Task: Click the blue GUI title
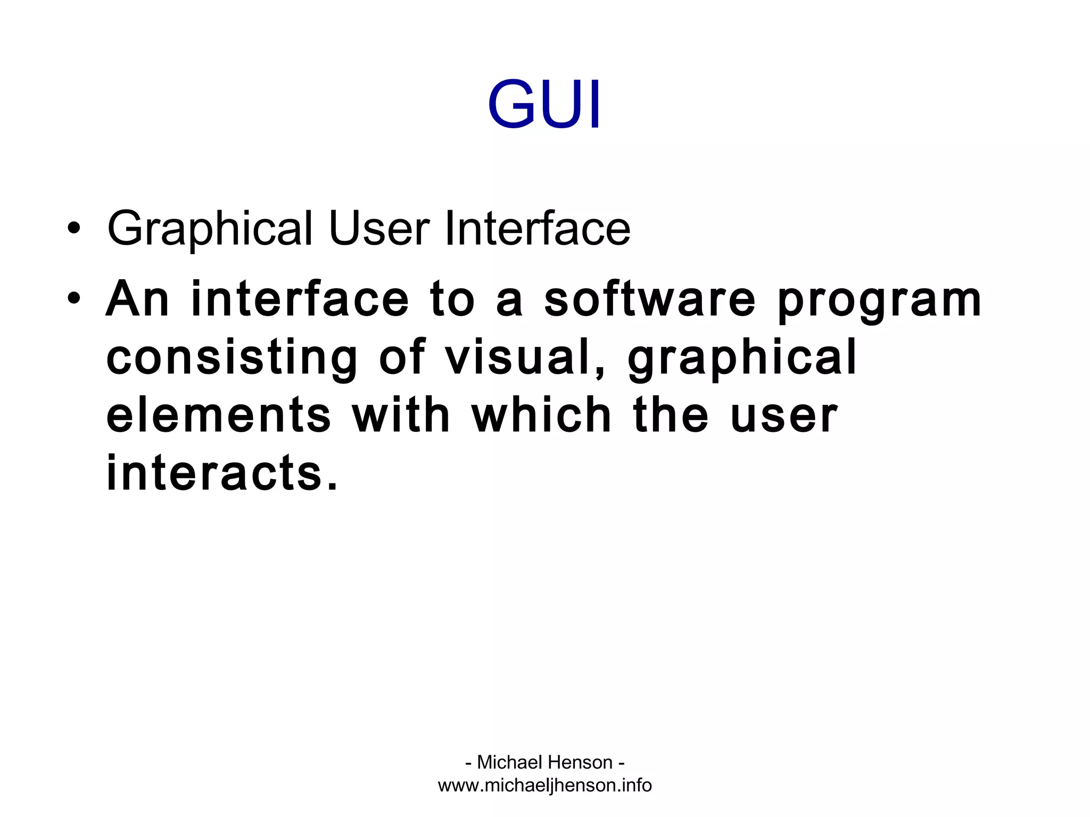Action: (x=544, y=104)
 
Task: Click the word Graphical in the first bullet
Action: (x=210, y=229)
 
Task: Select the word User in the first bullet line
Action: (x=379, y=228)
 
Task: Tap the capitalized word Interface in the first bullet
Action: (x=538, y=228)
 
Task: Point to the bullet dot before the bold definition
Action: (x=74, y=298)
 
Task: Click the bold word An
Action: (x=137, y=299)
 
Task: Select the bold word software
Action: (x=650, y=299)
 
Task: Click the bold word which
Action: (x=542, y=415)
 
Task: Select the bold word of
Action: (x=402, y=356)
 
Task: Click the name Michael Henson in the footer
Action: (x=544, y=762)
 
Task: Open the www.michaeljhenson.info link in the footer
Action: (x=544, y=786)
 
